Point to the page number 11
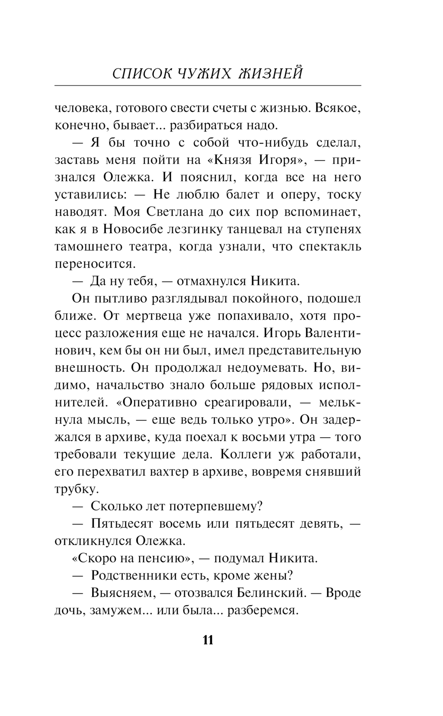(208, 640)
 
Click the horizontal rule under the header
(208, 85)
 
